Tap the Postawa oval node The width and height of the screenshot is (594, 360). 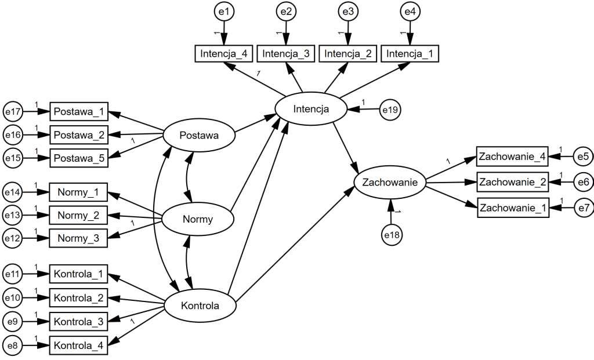(x=199, y=136)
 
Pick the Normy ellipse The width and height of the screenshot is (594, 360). (x=197, y=219)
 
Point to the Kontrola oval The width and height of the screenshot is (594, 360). (x=200, y=305)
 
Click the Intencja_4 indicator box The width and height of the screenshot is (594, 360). (x=223, y=54)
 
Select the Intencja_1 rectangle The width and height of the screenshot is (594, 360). (x=410, y=54)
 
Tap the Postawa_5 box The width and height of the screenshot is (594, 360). (x=79, y=158)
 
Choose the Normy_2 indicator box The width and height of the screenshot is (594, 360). (x=79, y=216)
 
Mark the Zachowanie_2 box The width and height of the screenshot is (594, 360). (x=512, y=182)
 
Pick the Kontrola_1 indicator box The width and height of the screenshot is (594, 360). (x=79, y=273)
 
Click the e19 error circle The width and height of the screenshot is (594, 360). (x=390, y=108)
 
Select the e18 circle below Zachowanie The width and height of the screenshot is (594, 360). (x=392, y=234)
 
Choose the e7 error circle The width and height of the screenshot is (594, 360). (x=583, y=207)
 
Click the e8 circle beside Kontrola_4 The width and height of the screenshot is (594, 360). (x=13, y=346)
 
